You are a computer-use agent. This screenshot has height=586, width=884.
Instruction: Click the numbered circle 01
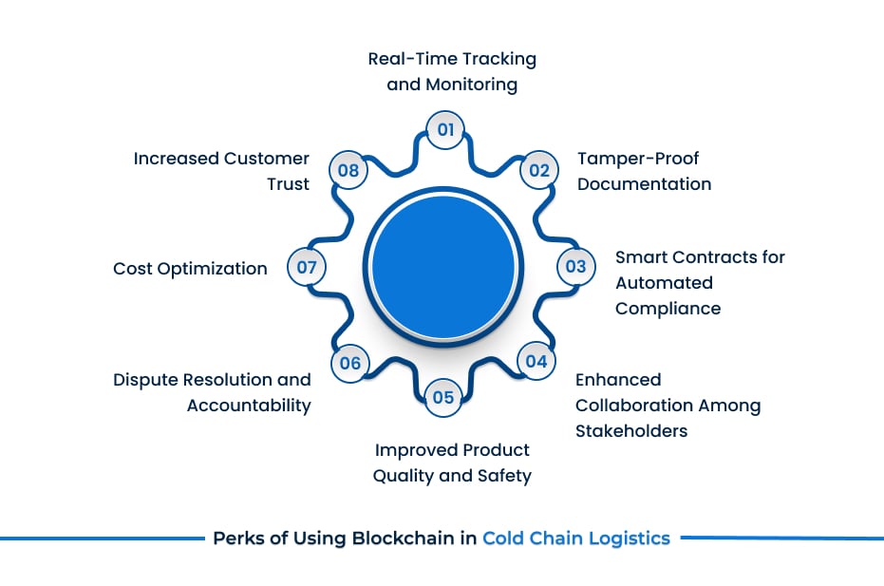pyautogui.click(x=444, y=130)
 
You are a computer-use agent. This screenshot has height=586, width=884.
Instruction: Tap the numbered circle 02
pyautogui.click(x=538, y=170)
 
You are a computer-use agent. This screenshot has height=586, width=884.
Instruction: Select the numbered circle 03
pyautogui.click(x=575, y=267)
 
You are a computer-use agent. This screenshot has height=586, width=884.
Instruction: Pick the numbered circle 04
pyautogui.click(x=536, y=361)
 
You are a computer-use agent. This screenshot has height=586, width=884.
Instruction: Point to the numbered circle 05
pyautogui.click(x=443, y=397)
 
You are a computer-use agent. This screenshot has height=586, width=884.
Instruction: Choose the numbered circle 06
pyautogui.click(x=349, y=362)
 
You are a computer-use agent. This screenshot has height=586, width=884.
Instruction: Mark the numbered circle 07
pyautogui.click(x=306, y=268)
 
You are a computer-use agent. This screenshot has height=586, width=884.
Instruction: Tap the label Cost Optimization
pyautogui.click(x=190, y=269)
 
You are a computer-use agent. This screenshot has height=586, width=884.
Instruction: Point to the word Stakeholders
pyautogui.click(x=631, y=430)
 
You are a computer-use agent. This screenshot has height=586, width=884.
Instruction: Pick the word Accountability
pyautogui.click(x=249, y=406)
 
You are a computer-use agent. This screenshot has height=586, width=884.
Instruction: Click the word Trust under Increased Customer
pyautogui.click(x=288, y=184)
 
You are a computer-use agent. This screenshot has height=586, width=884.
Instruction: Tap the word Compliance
pyautogui.click(x=668, y=308)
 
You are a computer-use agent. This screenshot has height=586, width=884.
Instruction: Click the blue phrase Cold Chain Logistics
pyautogui.click(x=575, y=539)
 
